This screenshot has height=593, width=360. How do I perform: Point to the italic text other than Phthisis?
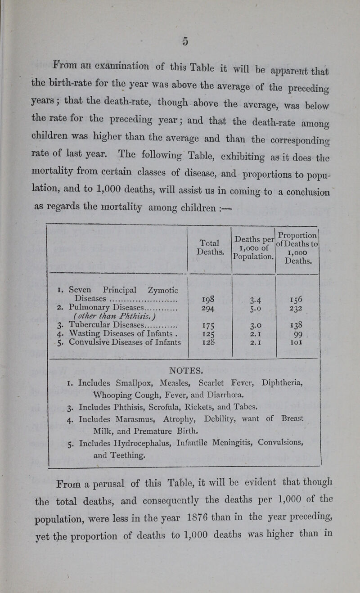tap(91, 316)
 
